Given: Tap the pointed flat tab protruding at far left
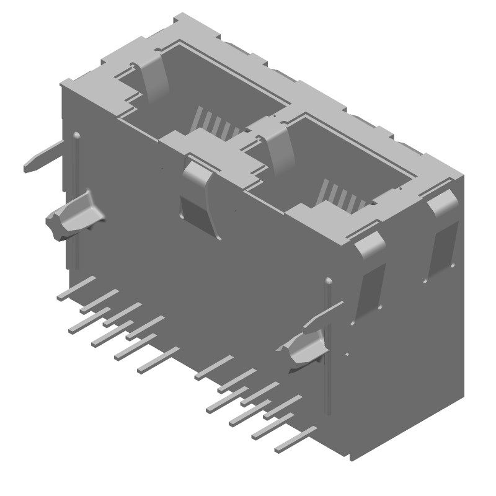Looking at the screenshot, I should point(43,158).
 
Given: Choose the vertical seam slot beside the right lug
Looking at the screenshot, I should point(329,347).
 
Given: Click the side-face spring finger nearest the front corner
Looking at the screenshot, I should point(371,245).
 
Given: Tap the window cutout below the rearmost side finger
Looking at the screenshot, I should point(441,248).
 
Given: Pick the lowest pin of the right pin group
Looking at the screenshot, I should point(295,438).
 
